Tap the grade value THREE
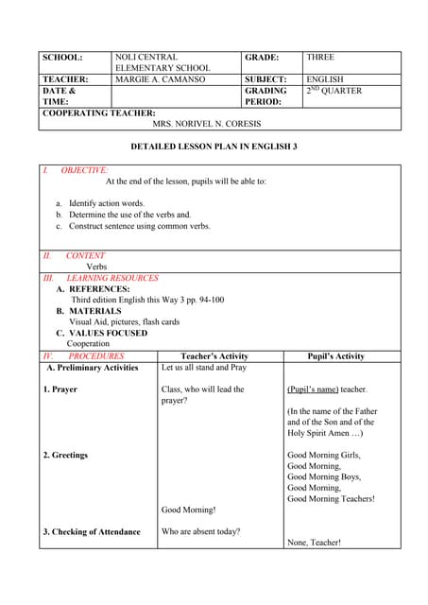pos(320,58)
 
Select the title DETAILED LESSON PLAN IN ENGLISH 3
pos(214,147)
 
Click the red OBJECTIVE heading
pos(84,170)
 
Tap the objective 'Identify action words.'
pos(106,203)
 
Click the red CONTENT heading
pos(85,255)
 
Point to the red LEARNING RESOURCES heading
pos(112,278)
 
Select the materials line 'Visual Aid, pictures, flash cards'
pos(124,321)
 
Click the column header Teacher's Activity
pos(220,356)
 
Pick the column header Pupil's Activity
pos(336,356)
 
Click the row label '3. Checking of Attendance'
pos(92,531)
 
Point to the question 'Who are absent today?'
pos(200,531)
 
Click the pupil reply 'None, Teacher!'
pos(314,543)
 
